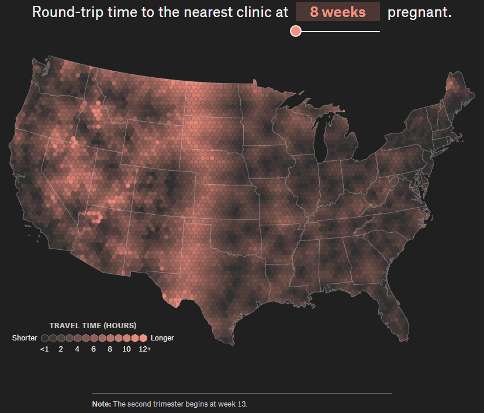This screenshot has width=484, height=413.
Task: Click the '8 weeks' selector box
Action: (337, 12)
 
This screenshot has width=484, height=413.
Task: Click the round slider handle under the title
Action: (296, 31)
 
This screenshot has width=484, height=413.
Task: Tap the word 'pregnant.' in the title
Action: (419, 12)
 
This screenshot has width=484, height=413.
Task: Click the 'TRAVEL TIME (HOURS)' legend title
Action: (93, 325)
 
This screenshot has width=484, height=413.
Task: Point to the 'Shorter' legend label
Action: (25, 338)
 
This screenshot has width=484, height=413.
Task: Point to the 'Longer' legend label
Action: (162, 338)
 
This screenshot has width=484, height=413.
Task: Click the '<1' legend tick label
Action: (44, 349)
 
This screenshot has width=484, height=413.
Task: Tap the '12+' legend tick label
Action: (144, 349)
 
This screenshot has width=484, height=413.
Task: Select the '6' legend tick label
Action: (94, 349)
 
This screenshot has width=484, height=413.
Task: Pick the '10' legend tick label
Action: (126, 349)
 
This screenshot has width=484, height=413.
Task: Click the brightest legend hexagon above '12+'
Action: (143, 338)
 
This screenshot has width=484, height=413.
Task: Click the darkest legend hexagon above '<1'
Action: (44, 338)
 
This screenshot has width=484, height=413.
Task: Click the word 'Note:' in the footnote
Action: (102, 404)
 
